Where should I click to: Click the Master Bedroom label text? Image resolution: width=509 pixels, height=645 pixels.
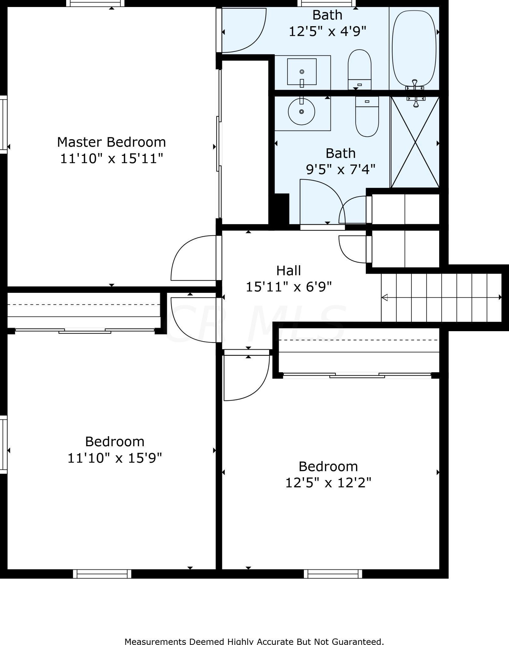point(112,142)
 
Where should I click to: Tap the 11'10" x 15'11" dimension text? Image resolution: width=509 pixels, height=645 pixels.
point(112,159)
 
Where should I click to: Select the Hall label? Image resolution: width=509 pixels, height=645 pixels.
point(289,271)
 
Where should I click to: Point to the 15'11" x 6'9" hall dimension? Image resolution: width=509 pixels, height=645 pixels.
point(289,287)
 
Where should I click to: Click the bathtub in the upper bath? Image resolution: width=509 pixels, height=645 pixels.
point(414,49)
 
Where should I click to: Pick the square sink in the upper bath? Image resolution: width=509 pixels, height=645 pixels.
point(302,72)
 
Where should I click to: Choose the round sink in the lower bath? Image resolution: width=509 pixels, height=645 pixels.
point(301,112)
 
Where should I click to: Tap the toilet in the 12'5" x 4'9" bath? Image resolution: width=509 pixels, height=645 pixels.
point(360,69)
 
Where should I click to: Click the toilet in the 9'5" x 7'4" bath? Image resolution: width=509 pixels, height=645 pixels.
point(367,117)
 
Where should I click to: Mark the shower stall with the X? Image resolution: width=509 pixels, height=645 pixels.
point(415,142)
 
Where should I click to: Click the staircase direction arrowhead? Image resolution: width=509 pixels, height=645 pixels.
point(385,297)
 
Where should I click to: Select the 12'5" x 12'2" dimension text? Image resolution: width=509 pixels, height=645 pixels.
point(328,483)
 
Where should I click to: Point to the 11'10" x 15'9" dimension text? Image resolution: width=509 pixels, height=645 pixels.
point(115,458)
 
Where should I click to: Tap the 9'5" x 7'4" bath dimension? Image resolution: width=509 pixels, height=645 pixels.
point(340,169)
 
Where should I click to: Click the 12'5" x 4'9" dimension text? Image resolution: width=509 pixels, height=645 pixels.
point(327,31)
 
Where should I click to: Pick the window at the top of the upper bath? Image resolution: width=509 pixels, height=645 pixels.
point(326,3)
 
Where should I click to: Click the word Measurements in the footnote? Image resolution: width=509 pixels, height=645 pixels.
point(156,641)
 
